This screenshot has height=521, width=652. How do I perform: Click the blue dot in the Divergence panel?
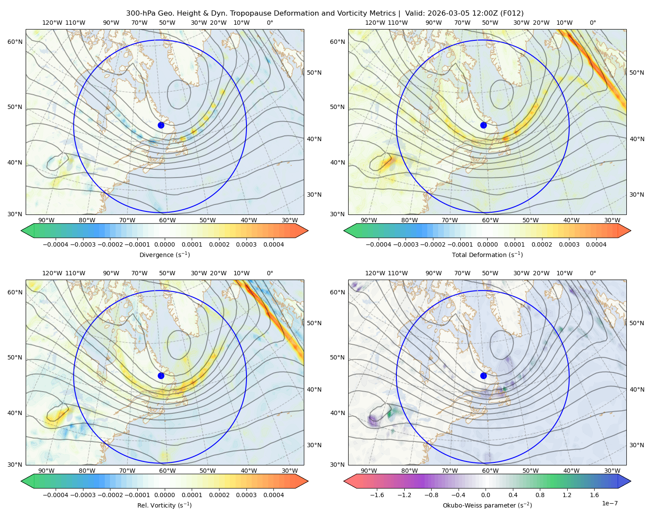pos(161,125)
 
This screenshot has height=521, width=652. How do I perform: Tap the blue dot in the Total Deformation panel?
pos(483,125)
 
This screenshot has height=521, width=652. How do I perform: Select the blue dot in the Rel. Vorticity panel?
pos(161,376)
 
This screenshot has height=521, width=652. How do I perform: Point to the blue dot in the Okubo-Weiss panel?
pos(483,376)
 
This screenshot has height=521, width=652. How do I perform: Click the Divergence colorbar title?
pos(164,255)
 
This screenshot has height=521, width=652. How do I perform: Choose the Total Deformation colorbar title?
pos(487,255)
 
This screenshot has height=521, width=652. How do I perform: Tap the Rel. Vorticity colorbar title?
pos(164,505)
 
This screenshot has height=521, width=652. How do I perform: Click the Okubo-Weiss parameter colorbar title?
pos(487,505)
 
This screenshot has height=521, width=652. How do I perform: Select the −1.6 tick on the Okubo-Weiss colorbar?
pos(377,495)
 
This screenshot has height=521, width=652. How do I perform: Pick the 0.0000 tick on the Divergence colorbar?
pos(164,244)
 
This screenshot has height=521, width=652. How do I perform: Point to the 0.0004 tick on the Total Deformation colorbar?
pos(596,244)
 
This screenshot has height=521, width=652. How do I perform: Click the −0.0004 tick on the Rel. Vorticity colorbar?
pos(56,495)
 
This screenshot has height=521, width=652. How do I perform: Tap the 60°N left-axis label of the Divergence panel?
pos(15,42)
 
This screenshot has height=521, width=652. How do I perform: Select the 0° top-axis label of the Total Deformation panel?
pos(592,23)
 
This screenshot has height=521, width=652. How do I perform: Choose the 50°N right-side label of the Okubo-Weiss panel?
pos(637,323)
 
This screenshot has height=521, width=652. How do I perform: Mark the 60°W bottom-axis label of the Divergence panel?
pos(167,221)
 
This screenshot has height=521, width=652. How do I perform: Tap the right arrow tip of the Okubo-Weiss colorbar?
pos(631,481)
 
